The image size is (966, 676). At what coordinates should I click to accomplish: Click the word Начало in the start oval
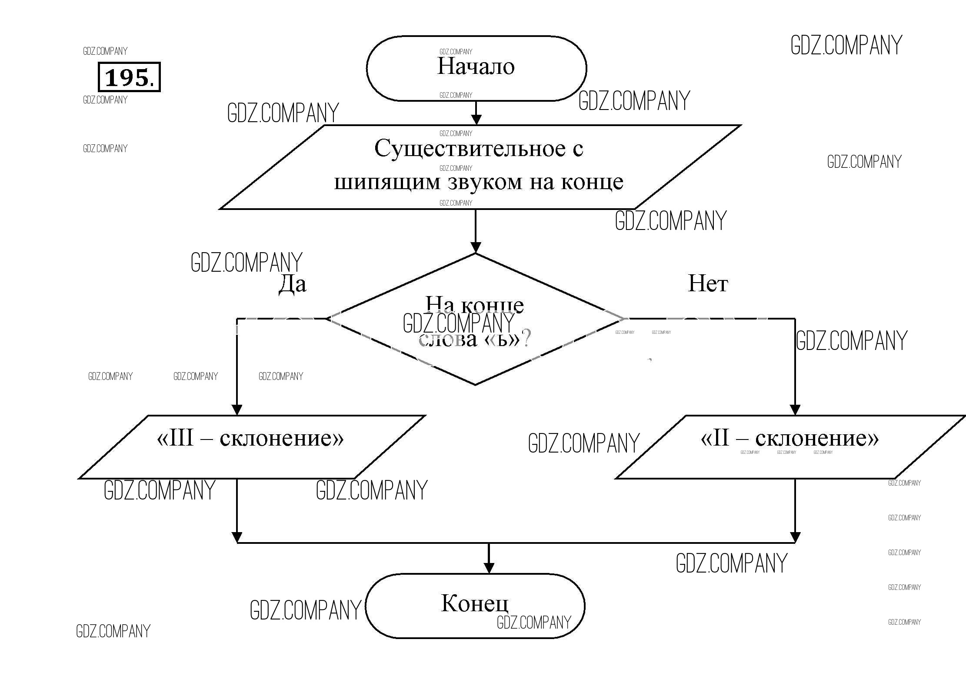[x=476, y=67]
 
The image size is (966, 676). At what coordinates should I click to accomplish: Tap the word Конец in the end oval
[x=474, y=603]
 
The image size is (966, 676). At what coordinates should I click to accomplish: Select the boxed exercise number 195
[x=129, y=77]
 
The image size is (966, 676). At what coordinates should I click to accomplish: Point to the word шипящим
[x=387, y=182]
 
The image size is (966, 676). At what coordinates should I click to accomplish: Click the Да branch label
[x=292, y=284]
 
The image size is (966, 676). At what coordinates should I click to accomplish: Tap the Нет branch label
[x=708, y=284]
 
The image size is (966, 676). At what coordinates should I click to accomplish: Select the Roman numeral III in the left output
[x=181, y=438]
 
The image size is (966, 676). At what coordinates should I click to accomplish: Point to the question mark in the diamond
[x=526, y=338]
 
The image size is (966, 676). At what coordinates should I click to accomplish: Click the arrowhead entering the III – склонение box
[x=237, y=410]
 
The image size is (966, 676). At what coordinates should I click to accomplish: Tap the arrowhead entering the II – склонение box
[x=795, y=410]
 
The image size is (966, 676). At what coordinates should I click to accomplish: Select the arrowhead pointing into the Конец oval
[x=489, y=567]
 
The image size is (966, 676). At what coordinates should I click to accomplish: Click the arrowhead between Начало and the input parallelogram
[x=476, y=120]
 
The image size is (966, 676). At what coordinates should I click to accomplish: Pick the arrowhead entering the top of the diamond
[x=476, y=247]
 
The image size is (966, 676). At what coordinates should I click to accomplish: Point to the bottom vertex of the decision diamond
[x=475, y=384]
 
